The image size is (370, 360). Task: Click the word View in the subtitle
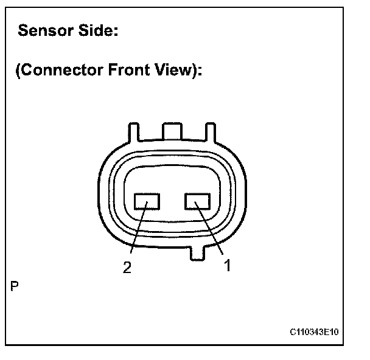point(173,71)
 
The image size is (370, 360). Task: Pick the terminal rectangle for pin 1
point(197,201)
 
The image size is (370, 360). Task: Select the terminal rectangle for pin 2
point(147,201)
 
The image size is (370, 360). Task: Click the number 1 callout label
point(227,266)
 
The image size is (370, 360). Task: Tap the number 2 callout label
point(127,268)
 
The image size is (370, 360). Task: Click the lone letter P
point(14,285)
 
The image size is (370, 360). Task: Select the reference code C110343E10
point(315,333)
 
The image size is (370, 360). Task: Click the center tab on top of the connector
point(172,130)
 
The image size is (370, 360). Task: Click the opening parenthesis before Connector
point(18,71)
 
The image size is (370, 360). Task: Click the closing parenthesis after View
point(193,71)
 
